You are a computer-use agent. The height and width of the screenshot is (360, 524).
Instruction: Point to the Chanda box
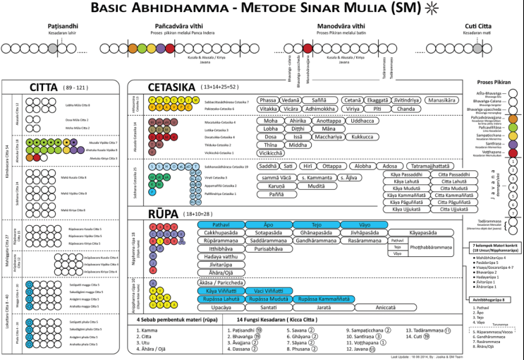pyautogui.click(x=406, y=109)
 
